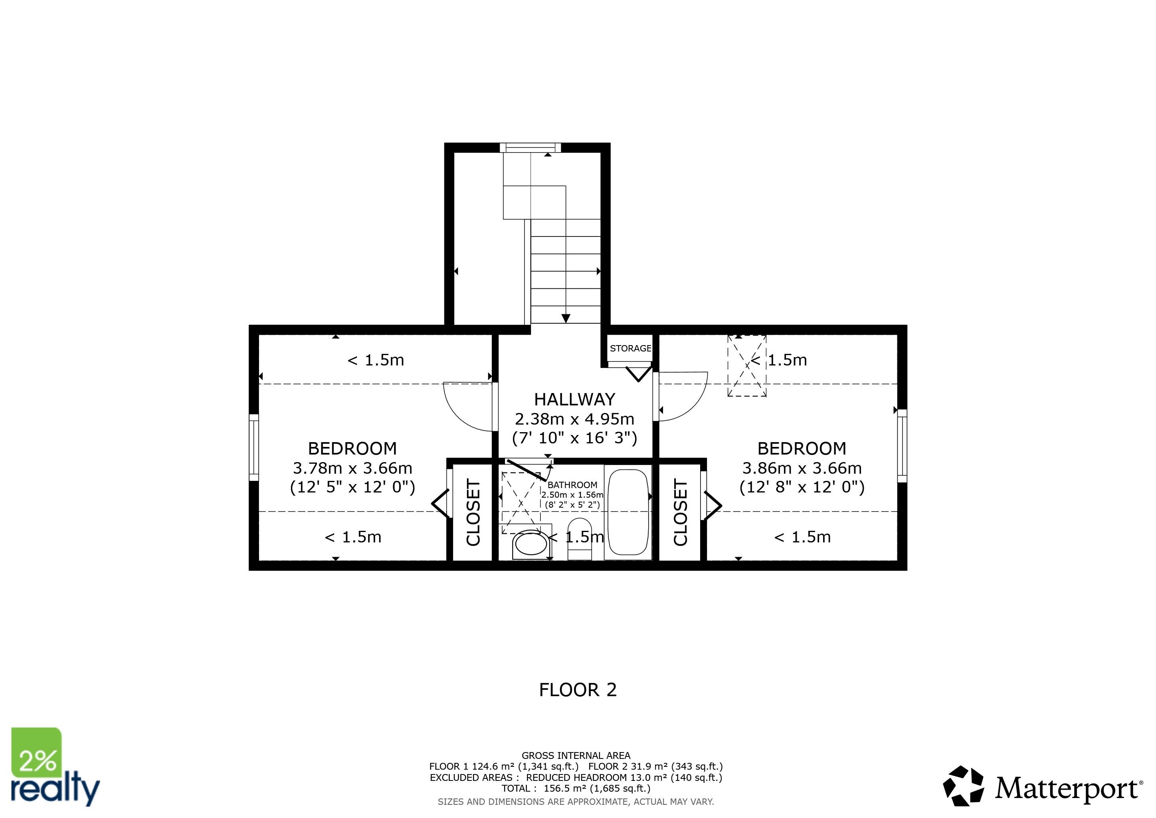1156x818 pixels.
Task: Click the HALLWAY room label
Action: click(574, 399)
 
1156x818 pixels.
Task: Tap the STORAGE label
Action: click(630, 348)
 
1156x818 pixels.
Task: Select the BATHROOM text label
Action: click(572, 485)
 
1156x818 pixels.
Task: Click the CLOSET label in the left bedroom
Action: click(473, 512)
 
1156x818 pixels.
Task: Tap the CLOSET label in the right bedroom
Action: click(680, 512)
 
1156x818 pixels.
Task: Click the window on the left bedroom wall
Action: click(254, 447)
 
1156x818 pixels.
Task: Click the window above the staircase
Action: click(530, 147)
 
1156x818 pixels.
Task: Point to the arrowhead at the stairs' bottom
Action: click(566, 318)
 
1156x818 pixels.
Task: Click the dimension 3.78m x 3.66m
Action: click(352, 468)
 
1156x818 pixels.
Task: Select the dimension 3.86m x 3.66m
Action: click(802, 468)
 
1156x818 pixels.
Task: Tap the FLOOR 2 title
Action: click(578, 689)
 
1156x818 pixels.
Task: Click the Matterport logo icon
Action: click(963, 786)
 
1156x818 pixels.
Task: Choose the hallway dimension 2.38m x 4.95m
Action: click(574, 419)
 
